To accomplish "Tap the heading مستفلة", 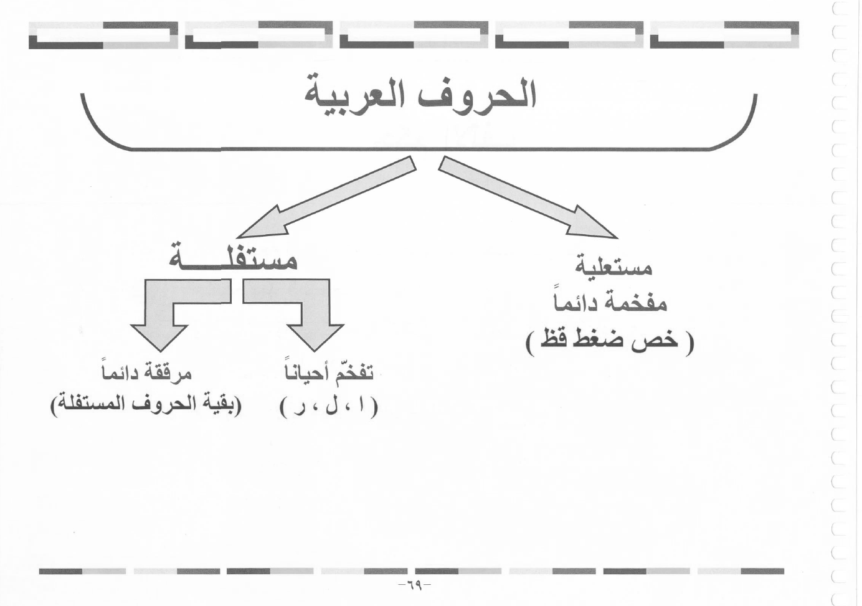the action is coord(233,258).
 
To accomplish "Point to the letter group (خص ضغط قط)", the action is coord(610,342).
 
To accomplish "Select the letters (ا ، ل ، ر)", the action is coord(329,407).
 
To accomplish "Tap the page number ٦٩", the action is coord(414,586).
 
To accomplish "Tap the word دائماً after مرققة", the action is coord(120,371).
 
